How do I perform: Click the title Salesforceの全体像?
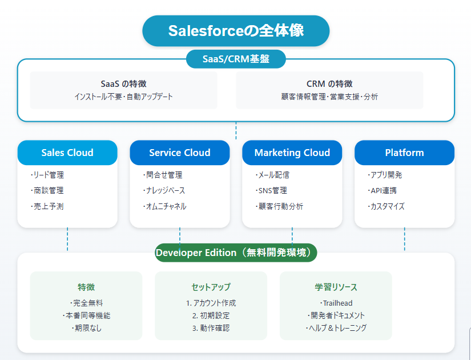[x=236, y=31]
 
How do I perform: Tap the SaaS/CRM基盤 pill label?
[x=236, y=59]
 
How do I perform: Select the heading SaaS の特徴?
[x=123, y=83]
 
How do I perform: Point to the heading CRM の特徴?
[x=329, y=83]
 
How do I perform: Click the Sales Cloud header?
[x=67, y=153]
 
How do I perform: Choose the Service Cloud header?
[x=180, y=153]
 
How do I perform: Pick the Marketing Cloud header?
[x=292, y=153]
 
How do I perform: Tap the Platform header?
[x=404, y=153]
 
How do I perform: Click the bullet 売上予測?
[x=47, y=206]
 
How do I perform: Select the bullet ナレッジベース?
[x=164, y=190]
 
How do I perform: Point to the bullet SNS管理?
[x=272, y=190]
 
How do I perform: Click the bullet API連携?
[x=382, y=190]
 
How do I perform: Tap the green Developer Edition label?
[x=236, y=253]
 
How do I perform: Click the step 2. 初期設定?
[x=211, y=315]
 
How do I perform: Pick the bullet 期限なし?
[x=87, y=328]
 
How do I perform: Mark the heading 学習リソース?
[x=336, y=287]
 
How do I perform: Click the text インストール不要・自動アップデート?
[x=123, y=97]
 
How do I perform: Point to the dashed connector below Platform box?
[x=404, y=239]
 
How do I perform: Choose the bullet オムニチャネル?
[x=164, y=206]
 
